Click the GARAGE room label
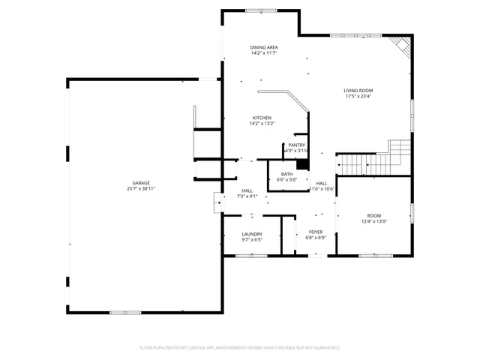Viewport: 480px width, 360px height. coord(141,183)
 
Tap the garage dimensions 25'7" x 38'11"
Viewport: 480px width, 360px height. coord(141,189)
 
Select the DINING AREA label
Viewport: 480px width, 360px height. coord(263,47)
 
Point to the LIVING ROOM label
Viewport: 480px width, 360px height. coord(358,91)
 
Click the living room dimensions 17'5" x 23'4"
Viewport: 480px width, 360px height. coord(358,97)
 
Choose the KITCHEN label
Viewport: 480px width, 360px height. coord(262,118)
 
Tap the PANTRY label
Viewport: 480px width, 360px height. coord(296,145)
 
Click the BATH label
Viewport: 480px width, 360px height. coord(286,174)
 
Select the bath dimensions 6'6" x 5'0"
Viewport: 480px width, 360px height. coord(286,180)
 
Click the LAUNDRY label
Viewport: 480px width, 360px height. coord(251,234)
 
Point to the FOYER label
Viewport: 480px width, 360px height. coord(316,232)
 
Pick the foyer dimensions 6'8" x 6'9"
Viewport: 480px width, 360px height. coord(316,238)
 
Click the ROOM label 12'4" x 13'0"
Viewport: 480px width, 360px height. coord(373,215)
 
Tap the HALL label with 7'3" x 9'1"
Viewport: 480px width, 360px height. coord(247,190)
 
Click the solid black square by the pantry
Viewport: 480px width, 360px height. coord(302,165)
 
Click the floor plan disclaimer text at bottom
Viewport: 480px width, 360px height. coord(240,348)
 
